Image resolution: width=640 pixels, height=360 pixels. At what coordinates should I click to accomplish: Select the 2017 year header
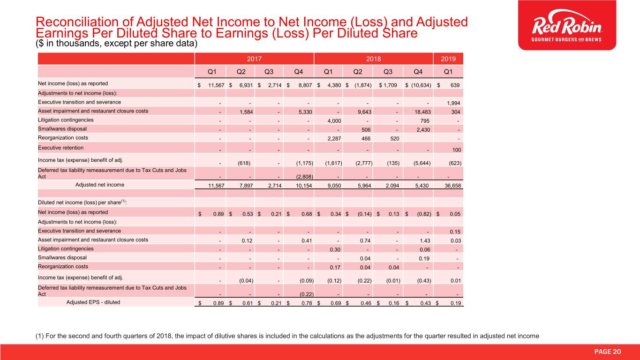click(x=254, y=60)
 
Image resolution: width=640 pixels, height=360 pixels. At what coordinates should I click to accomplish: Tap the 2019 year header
click(x=448, y=60)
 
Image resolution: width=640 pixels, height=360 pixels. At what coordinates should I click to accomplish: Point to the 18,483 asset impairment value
click(x=422, y=112)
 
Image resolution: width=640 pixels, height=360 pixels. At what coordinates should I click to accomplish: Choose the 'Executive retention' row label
click(x=60, y=148)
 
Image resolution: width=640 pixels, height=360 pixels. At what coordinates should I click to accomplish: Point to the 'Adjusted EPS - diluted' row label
click(x=93, y=302)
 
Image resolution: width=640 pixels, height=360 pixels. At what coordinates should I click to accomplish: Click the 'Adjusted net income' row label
click(x=99, y=185)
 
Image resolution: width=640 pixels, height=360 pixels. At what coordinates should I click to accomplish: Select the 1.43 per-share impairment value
click(x=426, y=240)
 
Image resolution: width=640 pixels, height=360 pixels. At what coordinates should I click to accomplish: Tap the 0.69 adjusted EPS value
click(x=334, y=303)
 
